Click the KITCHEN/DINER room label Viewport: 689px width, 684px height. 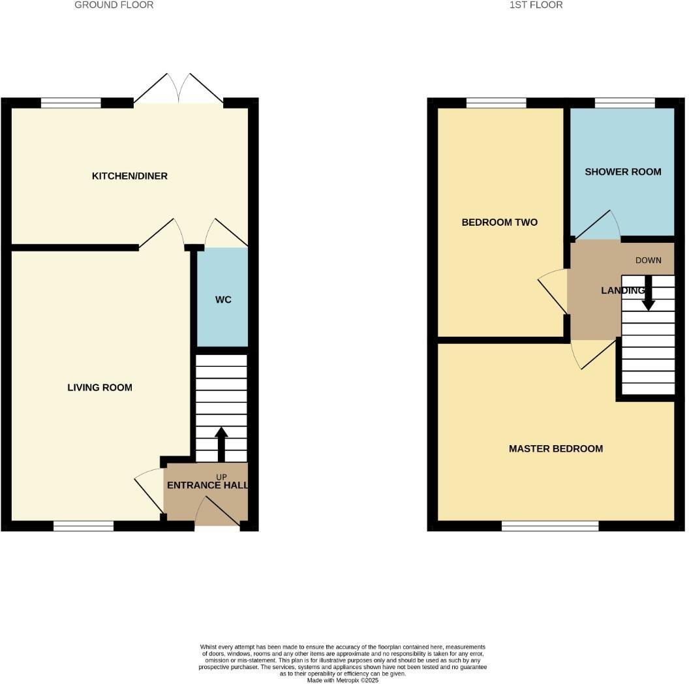click(x=130, y=176)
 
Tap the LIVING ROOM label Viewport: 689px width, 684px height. click(x=100, y=388)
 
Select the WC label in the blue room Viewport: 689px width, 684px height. click(x=223, y=300)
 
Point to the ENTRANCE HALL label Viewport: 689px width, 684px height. click(x=207, y=486)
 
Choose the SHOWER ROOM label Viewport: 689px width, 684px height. click(x=622, y=172)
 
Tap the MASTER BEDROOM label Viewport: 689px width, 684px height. click(x=555, y=449)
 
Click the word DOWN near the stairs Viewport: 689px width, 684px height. click(x=649, y=260)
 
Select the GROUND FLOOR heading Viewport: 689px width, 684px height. click(x=114, y=5)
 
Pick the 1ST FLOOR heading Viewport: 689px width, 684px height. click(x=536, y=5)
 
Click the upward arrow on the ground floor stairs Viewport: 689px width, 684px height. click(x=221, y=444)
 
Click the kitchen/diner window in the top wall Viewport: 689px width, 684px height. click(x=71, y=102)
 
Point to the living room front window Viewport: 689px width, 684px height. click(x=84, y=525)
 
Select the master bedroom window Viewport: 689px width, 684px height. click(x=550, y=525)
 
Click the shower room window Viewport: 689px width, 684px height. click(x=624, y=102)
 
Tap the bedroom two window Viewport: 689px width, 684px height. click(x=497, y=102)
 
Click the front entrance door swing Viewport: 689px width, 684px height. click(x=217, y=511)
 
